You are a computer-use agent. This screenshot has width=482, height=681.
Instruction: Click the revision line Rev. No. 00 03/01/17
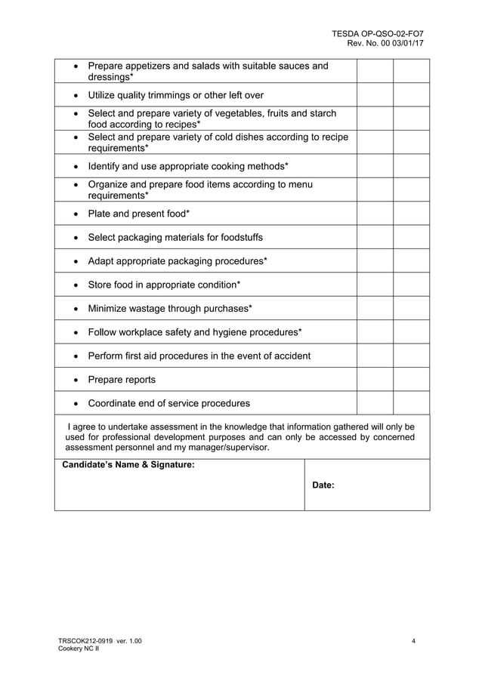[x=385, y=44]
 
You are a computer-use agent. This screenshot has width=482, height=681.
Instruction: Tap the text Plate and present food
[x=138, y=214]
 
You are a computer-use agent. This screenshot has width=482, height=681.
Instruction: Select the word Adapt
[x=102, y=261]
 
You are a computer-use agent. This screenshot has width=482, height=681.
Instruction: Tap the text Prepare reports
[x=122, y=380]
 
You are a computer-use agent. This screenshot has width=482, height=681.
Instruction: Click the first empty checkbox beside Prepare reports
[x=375, y=380]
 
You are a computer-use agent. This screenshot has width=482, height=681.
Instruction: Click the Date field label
[x=323, y=485]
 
